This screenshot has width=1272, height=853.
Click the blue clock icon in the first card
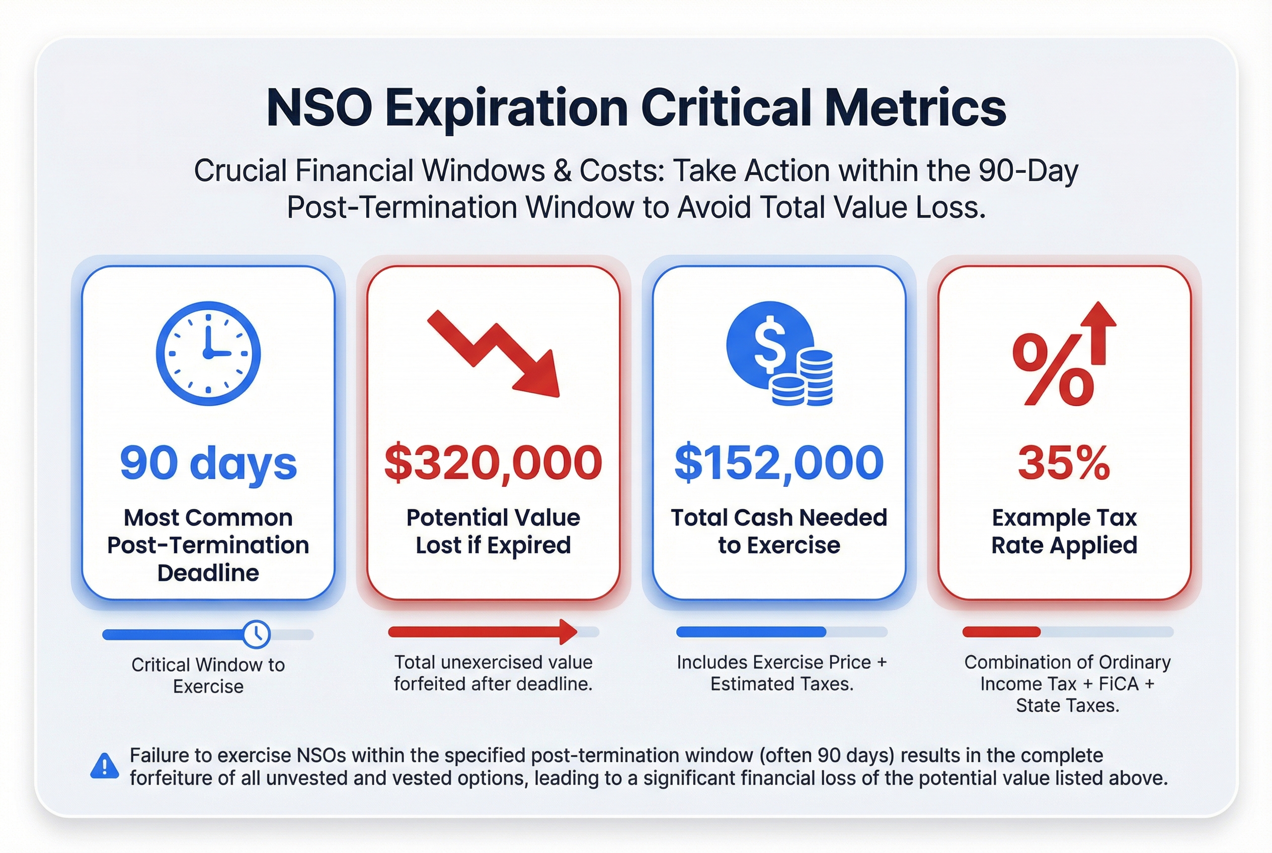(x=208, y=353)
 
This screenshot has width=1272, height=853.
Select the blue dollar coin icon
(x=770, y=346)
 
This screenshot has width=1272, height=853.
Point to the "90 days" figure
(x=208, y=464)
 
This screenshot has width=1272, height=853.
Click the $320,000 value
(x=493, y=464)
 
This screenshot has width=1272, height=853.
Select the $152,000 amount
(x=779, y=464)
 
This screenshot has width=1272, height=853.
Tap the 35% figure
(x=1064, y=464)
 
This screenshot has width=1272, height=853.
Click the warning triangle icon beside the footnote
(x=104, y=766)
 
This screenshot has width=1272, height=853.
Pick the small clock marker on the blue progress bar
(x=256, y=634)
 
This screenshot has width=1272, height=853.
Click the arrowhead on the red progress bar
(x=568, y=632)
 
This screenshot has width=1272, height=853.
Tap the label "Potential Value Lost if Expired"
(x=493, y=531)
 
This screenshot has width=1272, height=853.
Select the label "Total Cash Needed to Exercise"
(x=779, y=531)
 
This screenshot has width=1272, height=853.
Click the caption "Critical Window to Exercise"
(x=208, y=675)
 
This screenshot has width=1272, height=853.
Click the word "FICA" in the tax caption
(x=1119, y=684)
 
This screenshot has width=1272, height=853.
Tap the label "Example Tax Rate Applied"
(x=1064, y=531)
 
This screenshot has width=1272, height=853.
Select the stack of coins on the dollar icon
(x=806, y=380)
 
